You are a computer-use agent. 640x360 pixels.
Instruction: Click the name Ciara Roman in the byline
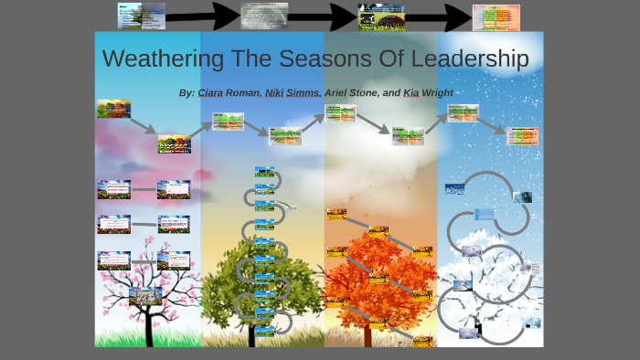point(229,93)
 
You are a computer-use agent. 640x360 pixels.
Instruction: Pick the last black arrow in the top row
point(439,16)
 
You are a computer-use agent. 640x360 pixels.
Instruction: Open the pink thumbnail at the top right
point(496,16)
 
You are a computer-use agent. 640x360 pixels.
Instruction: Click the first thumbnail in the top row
point(141,15)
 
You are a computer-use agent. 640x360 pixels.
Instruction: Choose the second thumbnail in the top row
point(264,15)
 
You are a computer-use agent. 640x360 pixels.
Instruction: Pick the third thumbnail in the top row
point(382,16)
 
